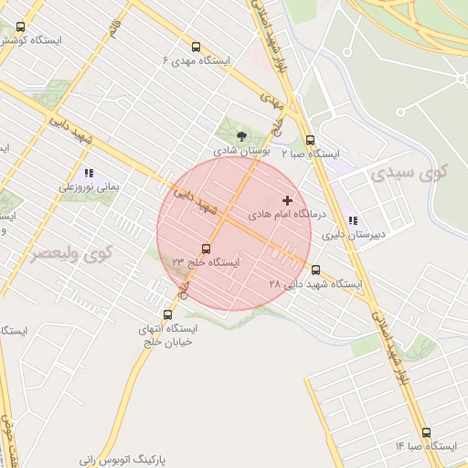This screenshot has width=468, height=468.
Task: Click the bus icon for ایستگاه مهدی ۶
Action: pyautogui.click(x=197, y=48)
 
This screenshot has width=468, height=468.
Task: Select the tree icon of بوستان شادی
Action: pyautogui.click(x=241, y=135)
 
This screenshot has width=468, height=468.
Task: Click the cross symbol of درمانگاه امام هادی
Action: pyautogui.click(x=287, y=199)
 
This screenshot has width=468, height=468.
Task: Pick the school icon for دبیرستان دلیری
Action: pyautogui.click(x=353, y=220)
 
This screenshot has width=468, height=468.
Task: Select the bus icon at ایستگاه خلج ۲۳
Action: pyautogui.click(x=206, y=249)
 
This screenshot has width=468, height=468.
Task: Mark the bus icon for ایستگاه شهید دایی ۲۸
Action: pyautogui.click(x=316, y=270)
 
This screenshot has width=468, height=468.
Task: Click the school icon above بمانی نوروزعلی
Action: pyautogui.click(x=89, y=172)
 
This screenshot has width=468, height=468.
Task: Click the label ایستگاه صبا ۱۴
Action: pyautogui.click(x=426, y=446)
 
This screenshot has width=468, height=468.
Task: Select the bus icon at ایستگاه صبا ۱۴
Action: pyautogui.click(x=426, y=432)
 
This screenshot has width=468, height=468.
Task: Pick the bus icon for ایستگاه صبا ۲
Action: pyautogui.click(x=311, y=140)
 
